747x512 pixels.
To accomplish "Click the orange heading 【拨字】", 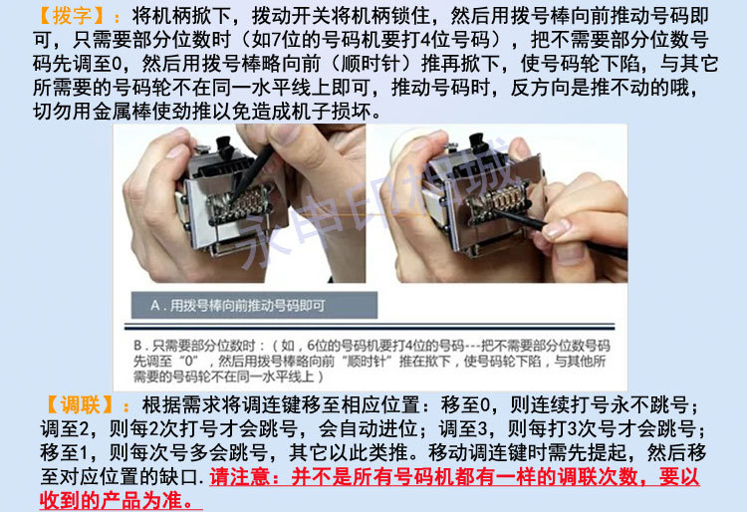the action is point(72,16).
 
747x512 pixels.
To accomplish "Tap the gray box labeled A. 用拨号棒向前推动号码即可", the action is point(254,305).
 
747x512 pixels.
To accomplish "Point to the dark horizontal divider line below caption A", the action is point(370,327).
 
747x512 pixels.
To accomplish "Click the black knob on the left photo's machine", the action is point(225,146).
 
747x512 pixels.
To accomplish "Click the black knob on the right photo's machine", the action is point(477,143).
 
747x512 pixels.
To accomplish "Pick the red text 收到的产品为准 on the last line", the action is point(111,501).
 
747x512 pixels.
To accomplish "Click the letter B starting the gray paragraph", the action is point(137,346).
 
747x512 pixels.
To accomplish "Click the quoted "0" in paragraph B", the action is point(189,361).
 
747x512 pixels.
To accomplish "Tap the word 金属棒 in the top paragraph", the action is point(122,111).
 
